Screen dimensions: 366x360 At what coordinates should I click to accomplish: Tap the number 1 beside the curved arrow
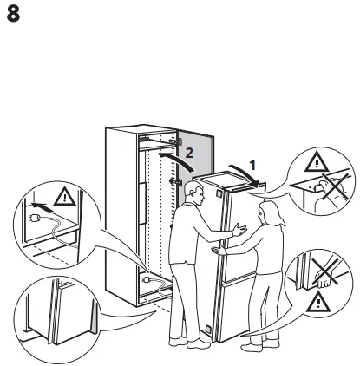pyautogui.click(x=252, y=162)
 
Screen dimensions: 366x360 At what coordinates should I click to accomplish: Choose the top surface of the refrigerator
pyautogui.click(x=227, y=177)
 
